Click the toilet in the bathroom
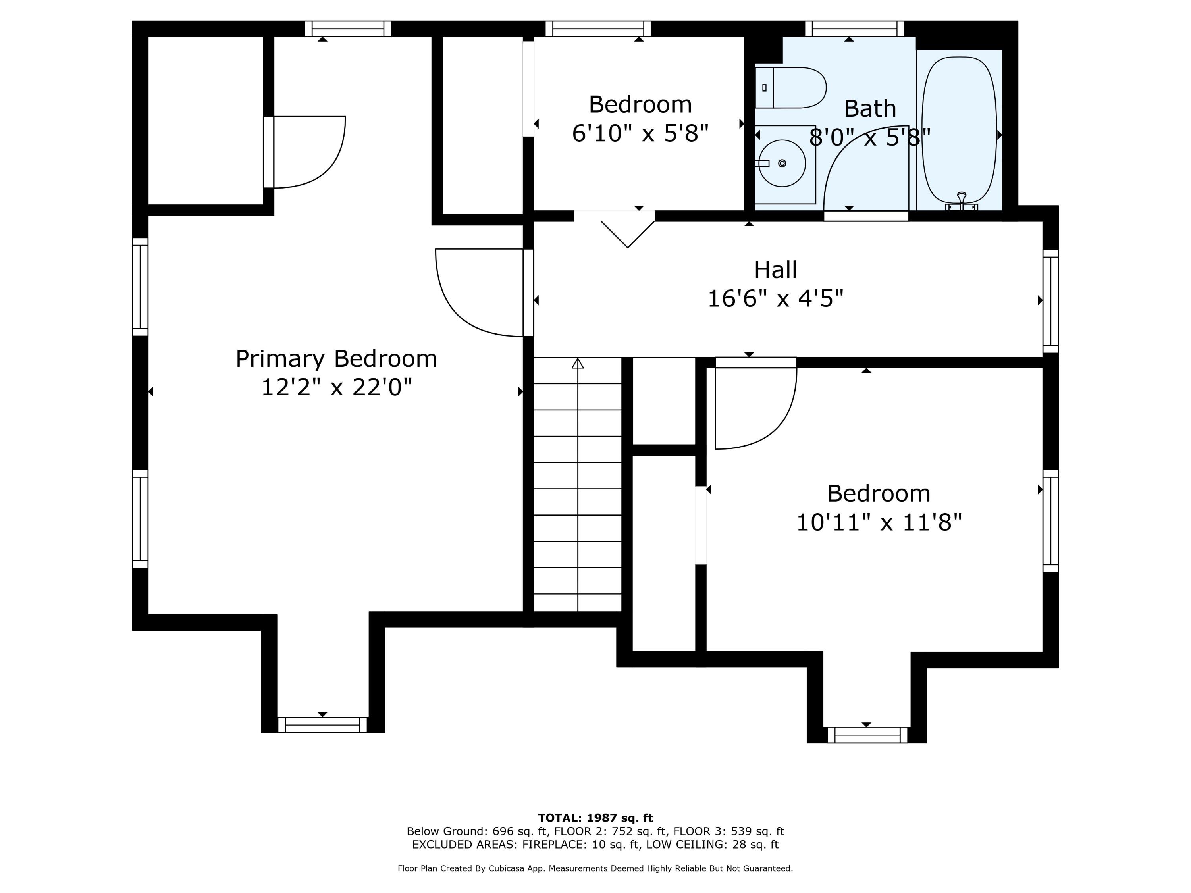pos(790,88)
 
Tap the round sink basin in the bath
pos(782,163)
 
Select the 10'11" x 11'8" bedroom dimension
pos(879,522)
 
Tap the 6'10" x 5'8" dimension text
pos(640,133)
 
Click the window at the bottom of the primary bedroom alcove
pos(322,724)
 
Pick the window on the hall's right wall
pos(1050,301)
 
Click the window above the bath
pos(854,29)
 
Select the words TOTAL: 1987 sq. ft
pos(595,818)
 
